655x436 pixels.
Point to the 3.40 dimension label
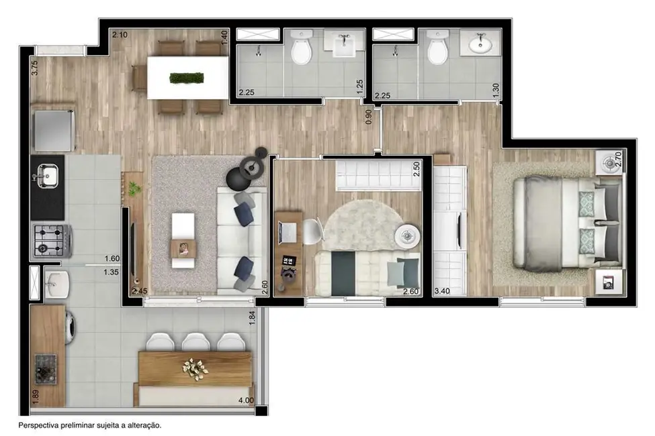click(x=443, y=291)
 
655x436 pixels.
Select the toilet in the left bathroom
click(x=301, y=50)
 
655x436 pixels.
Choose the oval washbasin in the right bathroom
click(x=479, y=45)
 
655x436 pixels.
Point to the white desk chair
click(x=312, y=232)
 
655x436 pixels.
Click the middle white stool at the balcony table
click(x=195, y=341)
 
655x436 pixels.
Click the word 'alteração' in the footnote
click(x=142, y=425)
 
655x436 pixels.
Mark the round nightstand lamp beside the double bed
click(x=609, y=162)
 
